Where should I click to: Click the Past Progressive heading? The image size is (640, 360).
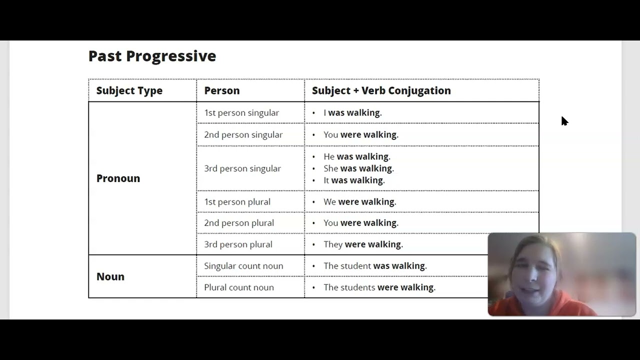tap(152, 56)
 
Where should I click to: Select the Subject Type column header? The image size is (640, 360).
tap(129, 90)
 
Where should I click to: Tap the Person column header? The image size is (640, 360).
tap(221, 90)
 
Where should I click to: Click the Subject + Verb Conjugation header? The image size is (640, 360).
tap(381, 90)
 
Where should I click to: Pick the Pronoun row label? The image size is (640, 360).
tap(118, 178)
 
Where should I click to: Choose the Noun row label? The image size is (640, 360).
tap(110, 276)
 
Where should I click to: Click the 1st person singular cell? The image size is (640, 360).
tap(241, 113)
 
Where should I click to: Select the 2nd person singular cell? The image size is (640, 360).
tap(243, 134)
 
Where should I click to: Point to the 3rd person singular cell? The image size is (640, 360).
tap(242, 168)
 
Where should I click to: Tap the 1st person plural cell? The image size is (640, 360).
tap(237, 201)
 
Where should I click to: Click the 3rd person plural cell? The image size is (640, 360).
tap(238, 244)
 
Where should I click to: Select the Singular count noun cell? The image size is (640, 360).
tap(243, 266)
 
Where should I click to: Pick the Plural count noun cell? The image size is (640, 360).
tap(238, 287)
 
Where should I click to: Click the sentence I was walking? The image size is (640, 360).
tap(352, 113)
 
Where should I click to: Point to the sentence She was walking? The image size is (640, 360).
tap(358, 168)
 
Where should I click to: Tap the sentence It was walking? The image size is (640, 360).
tap(354, 180)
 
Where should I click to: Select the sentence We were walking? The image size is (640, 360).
tap(359, 201)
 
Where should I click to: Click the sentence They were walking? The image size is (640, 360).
tap(363, 244)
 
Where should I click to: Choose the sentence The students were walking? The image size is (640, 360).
tap(379, 287)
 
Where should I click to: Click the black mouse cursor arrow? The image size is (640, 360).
tap(564, 121)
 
